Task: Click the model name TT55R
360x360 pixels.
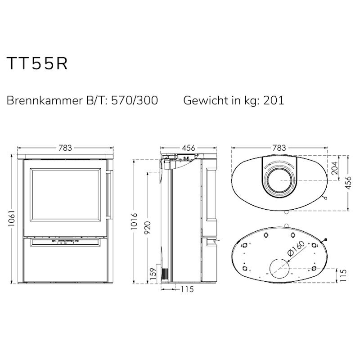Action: (x=37, y=63)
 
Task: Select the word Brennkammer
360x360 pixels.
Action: (x=45, y=100)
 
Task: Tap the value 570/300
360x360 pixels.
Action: (x=135, y=100)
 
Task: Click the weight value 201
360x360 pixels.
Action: (x=274, y=100)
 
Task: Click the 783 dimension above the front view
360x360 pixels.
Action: (x=65, y=148)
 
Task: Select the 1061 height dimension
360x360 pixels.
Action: (x=12, y=218)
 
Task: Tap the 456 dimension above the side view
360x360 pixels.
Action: (x=188, y=148)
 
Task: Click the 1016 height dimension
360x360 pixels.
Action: (x=134, y=221)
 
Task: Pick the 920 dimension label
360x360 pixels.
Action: (x=147, y=227)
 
